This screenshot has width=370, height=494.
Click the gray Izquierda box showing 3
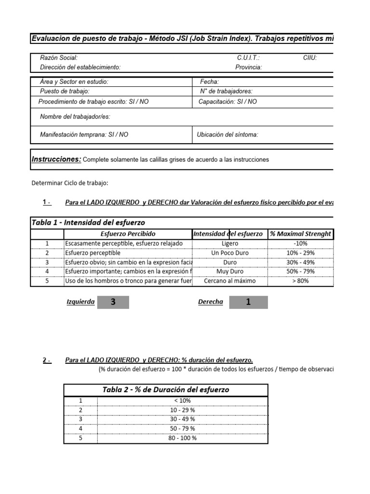click(x=113, y=302)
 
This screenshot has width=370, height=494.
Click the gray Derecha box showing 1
click(x=248, y=302)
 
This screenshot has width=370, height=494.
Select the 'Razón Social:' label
click(x=58, y=58)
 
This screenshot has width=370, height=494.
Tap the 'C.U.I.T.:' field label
click(x=248, y=58)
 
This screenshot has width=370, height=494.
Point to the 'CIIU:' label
click(x=310, y=58)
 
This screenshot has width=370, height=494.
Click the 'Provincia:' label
click(x=249, y=68)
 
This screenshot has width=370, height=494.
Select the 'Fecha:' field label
click(x=209, y=82)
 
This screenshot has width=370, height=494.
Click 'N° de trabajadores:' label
click(x=226, y=91)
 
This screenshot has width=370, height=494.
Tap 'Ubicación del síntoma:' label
click(x=227, y=135)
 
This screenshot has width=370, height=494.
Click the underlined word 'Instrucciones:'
click(x=56, y=159)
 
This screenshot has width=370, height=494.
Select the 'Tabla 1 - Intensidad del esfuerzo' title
click(x=88, y=222)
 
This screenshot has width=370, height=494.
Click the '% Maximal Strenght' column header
click(x=301, y=234)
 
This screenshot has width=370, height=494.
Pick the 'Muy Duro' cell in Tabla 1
click(x=230, y=272)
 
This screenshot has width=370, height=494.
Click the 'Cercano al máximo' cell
click(x=230, y=281)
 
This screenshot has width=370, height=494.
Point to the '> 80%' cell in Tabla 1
click(x=300, y=281)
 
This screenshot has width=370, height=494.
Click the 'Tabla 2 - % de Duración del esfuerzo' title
click(x=166, y=390)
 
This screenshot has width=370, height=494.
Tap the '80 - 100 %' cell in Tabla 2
click(x=182, y=439)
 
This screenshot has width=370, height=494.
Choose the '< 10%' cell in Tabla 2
click(x=182, y=400)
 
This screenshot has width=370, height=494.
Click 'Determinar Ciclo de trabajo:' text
click(x=70, y=183)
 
